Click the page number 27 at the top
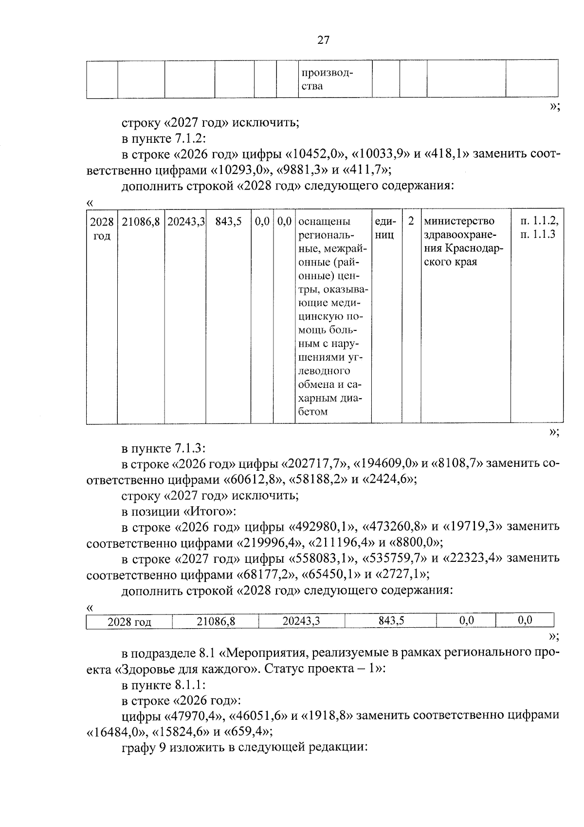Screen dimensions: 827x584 click(323, 40)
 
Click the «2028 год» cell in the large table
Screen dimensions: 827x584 click(102, 229)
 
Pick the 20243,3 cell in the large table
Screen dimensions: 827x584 click(186, 222)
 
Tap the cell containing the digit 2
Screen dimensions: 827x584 click(411, 222)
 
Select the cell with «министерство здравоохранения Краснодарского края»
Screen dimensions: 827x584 click(464, 242)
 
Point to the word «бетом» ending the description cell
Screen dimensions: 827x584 click(312, 412)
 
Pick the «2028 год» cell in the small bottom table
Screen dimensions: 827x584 click(129, 622)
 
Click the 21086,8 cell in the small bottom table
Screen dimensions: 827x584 click(216, 621)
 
